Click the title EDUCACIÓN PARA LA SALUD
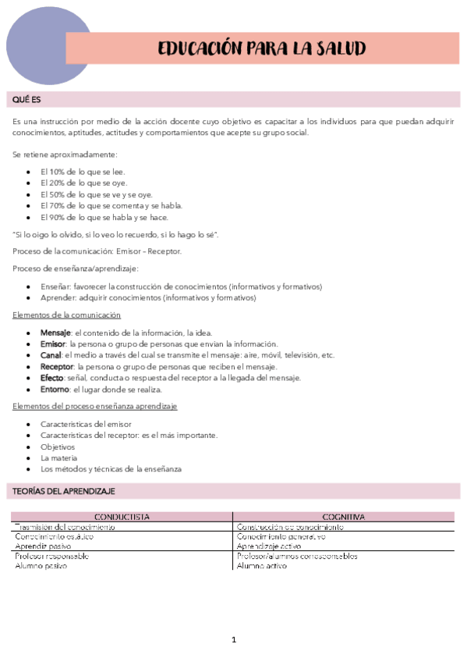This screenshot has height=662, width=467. [261, 48]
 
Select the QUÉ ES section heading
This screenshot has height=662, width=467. [27, 100]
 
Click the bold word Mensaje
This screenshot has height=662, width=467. [55, 332]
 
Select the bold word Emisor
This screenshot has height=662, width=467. [53, 343]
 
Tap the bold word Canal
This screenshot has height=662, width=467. [51, 354]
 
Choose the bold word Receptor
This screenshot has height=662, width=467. [57, 366]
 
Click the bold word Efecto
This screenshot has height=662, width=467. [52, 377]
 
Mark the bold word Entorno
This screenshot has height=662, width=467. [54, 389]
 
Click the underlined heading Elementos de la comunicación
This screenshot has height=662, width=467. [67, 315]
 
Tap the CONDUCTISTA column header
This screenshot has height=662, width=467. [122, 517]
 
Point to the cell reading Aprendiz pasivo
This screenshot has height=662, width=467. [41, 546]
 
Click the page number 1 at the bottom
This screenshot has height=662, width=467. [233, 640]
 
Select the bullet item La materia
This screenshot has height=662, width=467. [59, 457]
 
